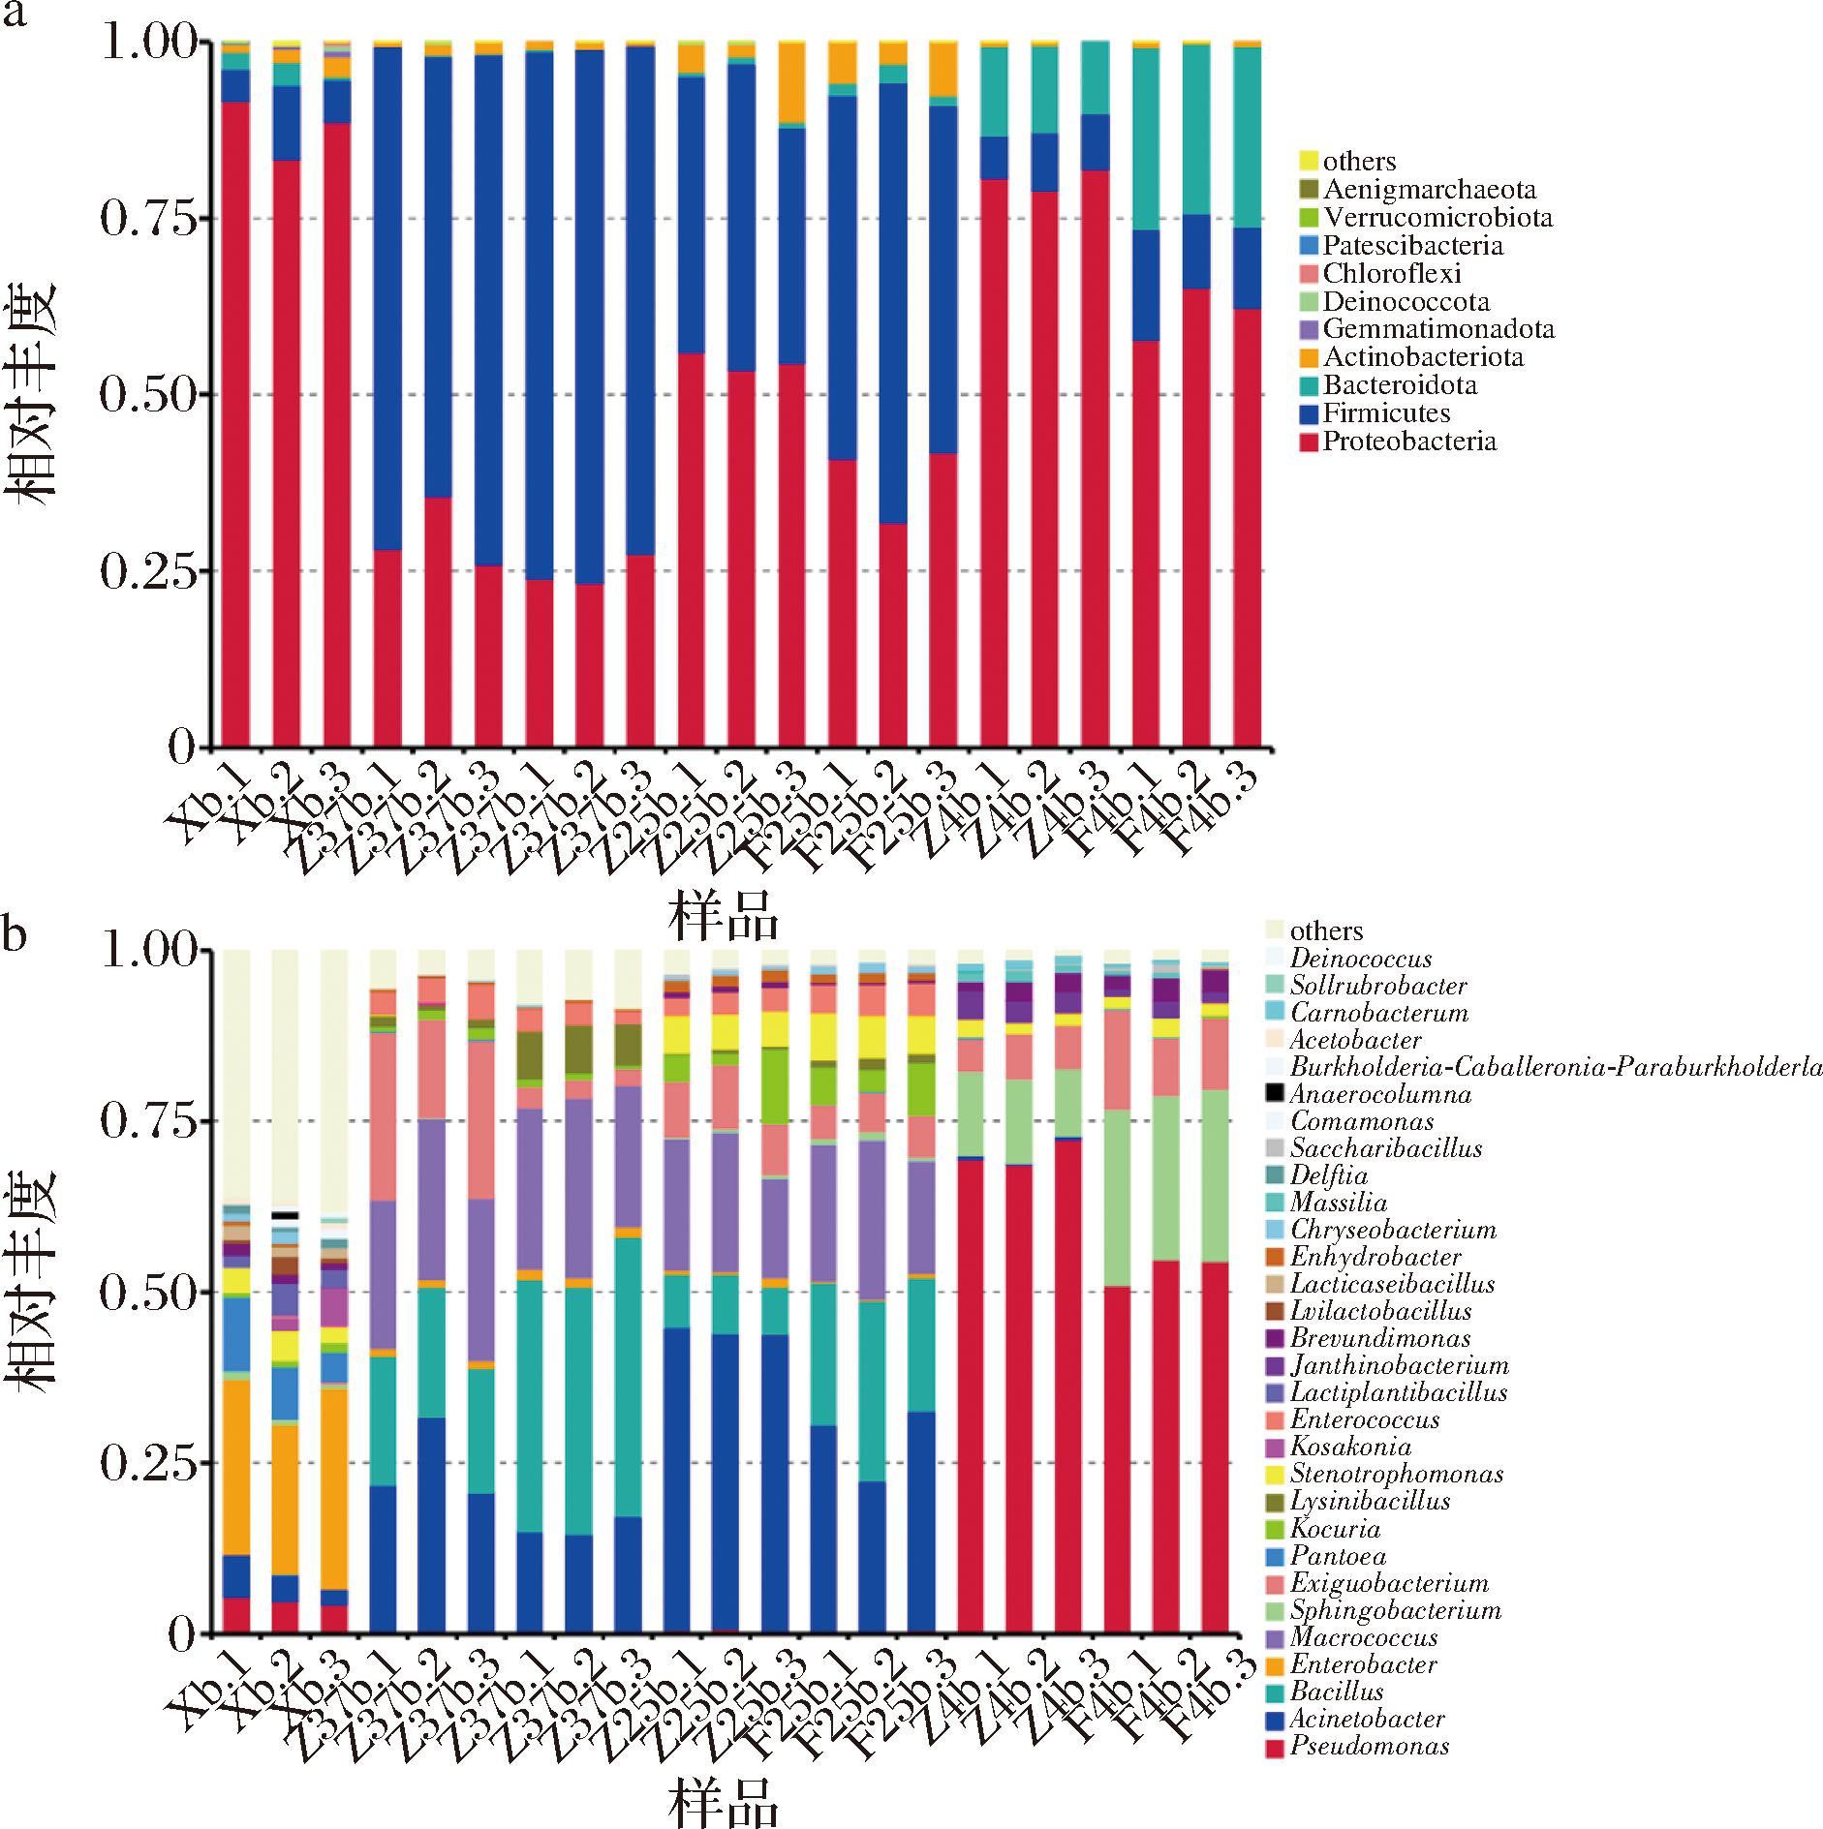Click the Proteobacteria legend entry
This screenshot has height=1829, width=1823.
[1409, 442]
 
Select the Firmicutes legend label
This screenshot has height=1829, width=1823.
[1386, 414]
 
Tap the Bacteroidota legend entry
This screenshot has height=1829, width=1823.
[1400, 386]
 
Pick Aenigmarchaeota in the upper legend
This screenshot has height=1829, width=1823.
[1429, 190]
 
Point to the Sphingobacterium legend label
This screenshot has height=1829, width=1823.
[1395, 1611]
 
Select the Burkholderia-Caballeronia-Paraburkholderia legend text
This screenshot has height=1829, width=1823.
[1556, 1068]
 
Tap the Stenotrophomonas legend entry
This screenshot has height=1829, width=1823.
[1396, 1475]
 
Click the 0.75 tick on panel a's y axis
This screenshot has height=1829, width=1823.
[148, 219]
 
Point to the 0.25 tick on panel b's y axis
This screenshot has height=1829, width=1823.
[148, 1463]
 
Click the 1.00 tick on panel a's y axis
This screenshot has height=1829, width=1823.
[148, 44]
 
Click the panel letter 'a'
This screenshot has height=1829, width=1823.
[15, 16]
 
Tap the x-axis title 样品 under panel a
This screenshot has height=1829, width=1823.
[723, 916]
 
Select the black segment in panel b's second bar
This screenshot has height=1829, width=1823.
[285, 1215]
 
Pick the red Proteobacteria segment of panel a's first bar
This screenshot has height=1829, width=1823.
[236, 426]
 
